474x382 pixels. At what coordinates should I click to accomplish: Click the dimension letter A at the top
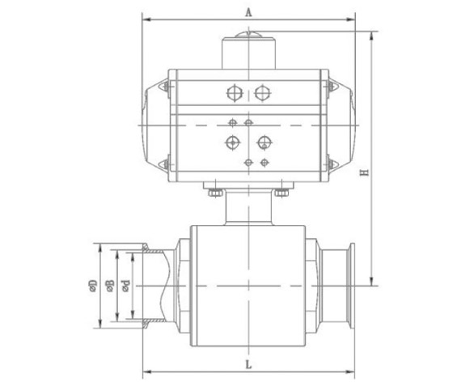[x=248, y=12]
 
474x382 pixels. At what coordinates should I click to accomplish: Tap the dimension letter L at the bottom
[x=248, y=365]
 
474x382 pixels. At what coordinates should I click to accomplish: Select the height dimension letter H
[x=365, y=172]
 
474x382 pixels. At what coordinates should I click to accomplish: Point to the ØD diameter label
[x=93, y=286]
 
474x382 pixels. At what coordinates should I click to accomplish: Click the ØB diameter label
[x=109, y=286]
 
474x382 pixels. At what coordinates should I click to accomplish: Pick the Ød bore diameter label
[x=125, y=286]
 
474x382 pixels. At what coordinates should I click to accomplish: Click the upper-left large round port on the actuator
[x=235, y=93]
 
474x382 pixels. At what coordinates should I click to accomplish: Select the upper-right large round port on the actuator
[x=262, y=93]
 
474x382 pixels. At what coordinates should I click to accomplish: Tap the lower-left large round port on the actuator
[x=232, y=142]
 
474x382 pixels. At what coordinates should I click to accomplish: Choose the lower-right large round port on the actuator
[x=265, y=142]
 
